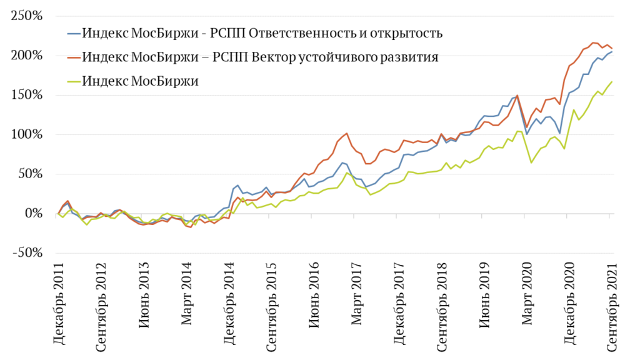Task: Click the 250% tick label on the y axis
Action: tap(27, 16)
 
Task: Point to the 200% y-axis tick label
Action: tap(27, 56)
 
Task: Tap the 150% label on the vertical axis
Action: tap(27, 95)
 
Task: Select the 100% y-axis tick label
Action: tap(27, 134)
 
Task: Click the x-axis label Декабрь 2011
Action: tap(59, 304)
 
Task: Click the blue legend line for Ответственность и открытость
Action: tap(72, 32)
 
